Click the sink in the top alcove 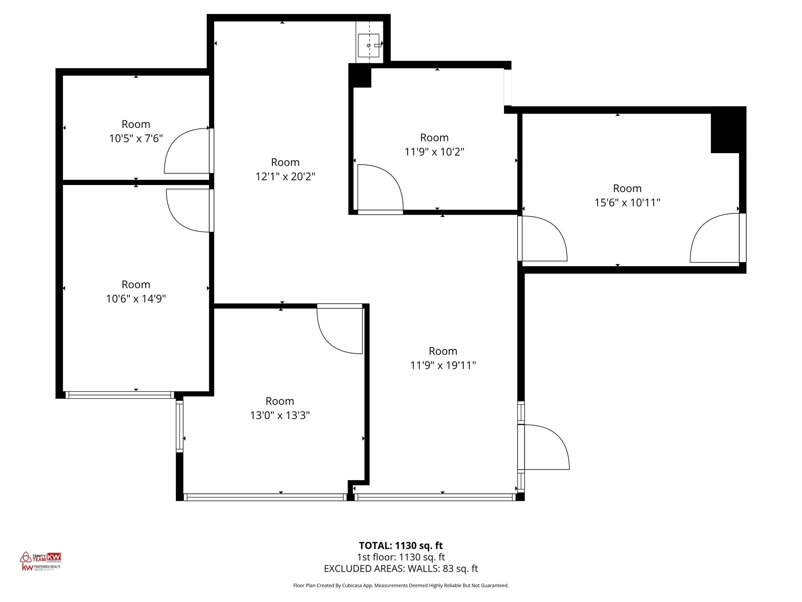pyautogui.click(x=368, y=45)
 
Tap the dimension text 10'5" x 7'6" pyautogui.click(x=136, y=138)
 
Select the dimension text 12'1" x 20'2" pyautogui.click(x=285, y=176)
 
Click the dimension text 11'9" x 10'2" pyautogui.click(x=434, y=152)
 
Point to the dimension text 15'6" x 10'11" pyautogui.click(x=627, y=203)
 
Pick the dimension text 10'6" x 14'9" pyautogui.click(x=136, y=299)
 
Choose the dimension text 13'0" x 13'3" pyautogui.click(x=280, y=415)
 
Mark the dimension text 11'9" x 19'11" pyautogui.click(x=443, y=365)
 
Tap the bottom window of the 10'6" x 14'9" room pyautogui.click(x=119, y=395)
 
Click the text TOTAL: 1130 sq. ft pyautogui.click(x=401, y=546)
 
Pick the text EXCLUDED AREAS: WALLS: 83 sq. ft pyautogui.click(x=401, y=569)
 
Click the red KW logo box pyautogui.click(x=54, y=557)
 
